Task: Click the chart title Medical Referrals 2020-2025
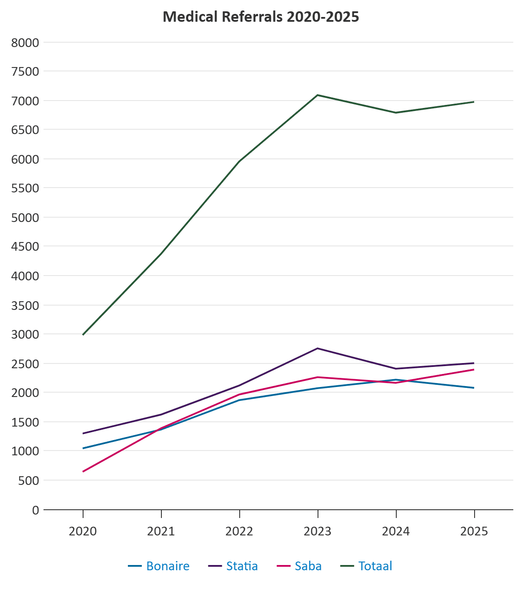click(261, 17)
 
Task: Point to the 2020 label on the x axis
click(83, 531)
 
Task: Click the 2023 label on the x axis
click(318, 531)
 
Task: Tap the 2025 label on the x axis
click(474, 531)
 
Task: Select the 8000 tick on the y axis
click(25, 43)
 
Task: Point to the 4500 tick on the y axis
click(25, 246)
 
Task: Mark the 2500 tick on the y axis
click(25, 363)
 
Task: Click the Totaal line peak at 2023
click(318, 95)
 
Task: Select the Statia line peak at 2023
click(318, 348)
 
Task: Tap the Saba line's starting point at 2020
click(83, 471)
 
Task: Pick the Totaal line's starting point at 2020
click(83, 335)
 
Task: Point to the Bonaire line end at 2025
click(474, 388)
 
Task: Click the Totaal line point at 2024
click(396, 113)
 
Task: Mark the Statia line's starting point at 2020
click(83, 434)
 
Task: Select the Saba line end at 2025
click(474, 370)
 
